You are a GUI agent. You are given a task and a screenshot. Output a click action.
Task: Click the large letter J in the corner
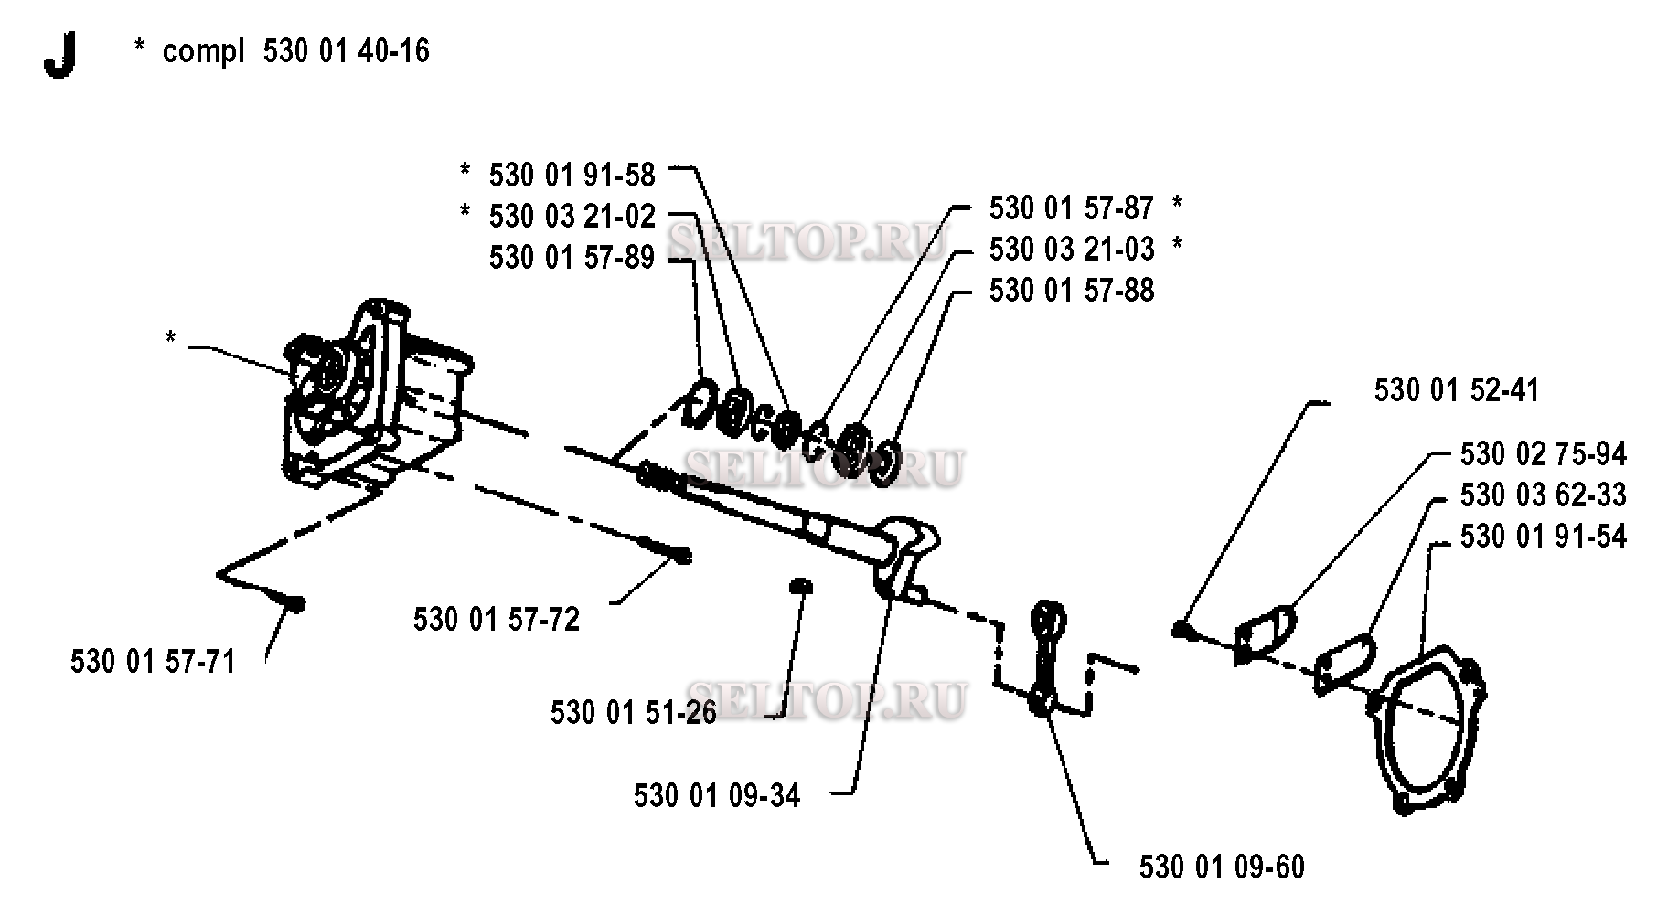click(x=59, y=55)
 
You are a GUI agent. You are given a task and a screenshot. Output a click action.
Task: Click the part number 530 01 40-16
click(x=347, y=50)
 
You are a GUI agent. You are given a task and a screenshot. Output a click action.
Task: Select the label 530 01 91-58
click(x=572, y=175)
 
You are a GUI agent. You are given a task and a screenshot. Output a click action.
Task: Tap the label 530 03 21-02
click(x=572, y=217)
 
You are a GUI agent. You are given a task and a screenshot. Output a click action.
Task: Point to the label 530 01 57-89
click(x=572, y=258)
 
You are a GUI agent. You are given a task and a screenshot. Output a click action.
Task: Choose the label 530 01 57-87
click(x=1072, y=208)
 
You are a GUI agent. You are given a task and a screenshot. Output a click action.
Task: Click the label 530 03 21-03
click(x=1072, y=249)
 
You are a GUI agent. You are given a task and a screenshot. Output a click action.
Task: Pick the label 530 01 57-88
click(x=1072, y=291)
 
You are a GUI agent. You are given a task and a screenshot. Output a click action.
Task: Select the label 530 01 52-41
click(x=1457, y=390)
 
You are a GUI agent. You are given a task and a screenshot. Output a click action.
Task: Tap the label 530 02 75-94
click(x=1544, y=454)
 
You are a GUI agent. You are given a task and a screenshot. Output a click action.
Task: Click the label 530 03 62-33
click(x=1544, y=495)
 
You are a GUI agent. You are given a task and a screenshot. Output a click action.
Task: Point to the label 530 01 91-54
click(x=1544, y=537)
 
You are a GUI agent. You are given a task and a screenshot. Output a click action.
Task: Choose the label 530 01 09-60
click(x=1222, y=867)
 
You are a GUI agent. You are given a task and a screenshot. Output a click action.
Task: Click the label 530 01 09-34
click(x=717, y=796)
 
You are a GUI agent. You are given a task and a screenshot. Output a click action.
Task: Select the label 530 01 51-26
click(x=634, y=713)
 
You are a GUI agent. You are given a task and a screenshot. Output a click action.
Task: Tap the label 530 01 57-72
click(x=497, y=620)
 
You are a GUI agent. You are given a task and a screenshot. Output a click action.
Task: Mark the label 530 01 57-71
click(x=154, y=661)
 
